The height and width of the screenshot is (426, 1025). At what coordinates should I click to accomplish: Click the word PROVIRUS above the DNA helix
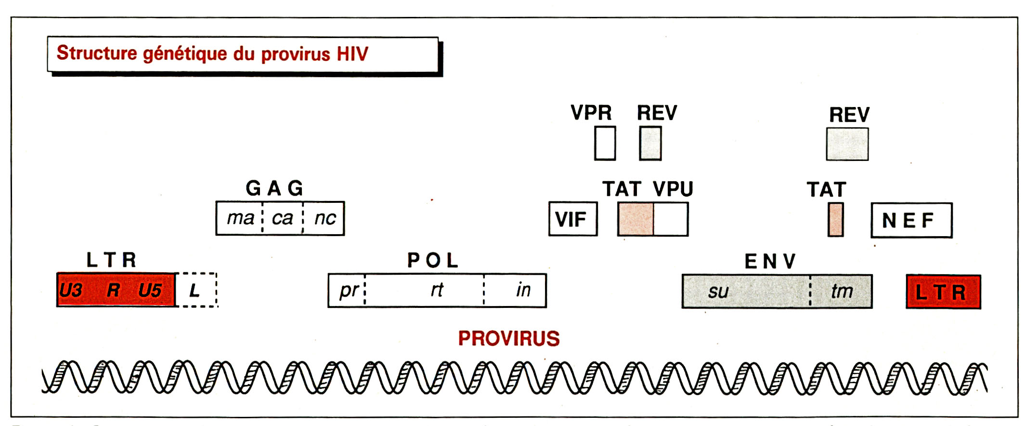coord(508,338)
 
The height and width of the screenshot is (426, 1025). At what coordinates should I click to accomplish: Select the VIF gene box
coord(572,219)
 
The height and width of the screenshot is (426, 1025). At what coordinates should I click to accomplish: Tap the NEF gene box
coord(911,220)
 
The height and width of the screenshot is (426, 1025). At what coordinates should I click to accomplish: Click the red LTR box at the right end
coord(943,292)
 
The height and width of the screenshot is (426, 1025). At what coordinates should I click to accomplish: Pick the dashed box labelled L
coord(196,290)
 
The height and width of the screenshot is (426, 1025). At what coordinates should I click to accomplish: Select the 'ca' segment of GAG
coord(283,218)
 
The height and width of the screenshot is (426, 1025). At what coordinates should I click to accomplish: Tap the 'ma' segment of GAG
coord(240,218)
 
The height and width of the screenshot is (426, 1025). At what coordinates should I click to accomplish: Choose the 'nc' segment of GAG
coord(324,218)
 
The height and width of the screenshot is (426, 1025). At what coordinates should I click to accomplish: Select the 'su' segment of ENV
coord(745,292)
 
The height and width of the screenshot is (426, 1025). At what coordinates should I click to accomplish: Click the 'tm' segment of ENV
coord(841,292)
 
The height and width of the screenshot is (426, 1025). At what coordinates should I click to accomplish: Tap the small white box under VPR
coord(605,143)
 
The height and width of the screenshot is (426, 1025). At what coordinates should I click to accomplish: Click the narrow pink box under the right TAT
coord(835,220)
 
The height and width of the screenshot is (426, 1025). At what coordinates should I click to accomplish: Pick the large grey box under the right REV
coord(847,144)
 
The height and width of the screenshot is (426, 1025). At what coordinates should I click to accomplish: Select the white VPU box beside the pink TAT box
coord(670,219)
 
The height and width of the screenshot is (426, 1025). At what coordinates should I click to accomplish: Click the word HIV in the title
coord(352,54)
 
